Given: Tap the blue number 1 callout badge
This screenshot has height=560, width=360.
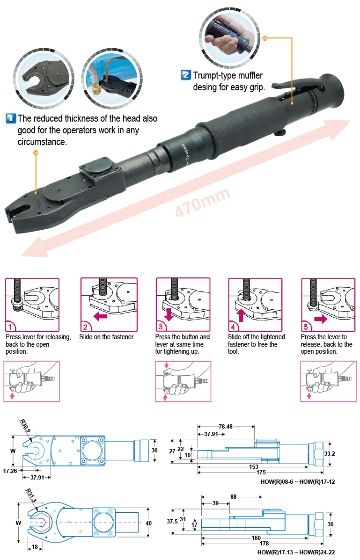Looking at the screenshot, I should click(11, 119).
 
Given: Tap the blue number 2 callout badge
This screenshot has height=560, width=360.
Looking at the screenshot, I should click(186, 75).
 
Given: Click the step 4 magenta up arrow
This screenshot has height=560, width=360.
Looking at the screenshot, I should click(241, 314).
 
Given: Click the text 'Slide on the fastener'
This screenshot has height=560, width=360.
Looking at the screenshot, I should click(106, 337).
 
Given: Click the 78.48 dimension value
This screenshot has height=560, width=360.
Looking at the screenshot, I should click(226, 426).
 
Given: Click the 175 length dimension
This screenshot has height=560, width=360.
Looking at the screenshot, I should click(253, 473).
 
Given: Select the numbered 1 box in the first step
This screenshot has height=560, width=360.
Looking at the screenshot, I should click(11, 327).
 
